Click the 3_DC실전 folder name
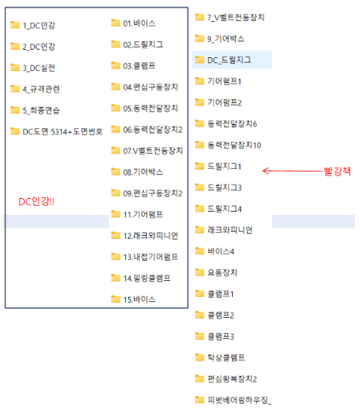coord(39,68)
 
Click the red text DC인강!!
coord(36,202)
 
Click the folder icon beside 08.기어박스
coord(115,172)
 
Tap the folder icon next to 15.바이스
coord(115,299)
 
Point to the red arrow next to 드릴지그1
coord(292,171)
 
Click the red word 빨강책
coord(337,171)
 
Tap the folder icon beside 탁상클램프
coord(200,357)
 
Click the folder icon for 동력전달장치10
coord(200,145)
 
